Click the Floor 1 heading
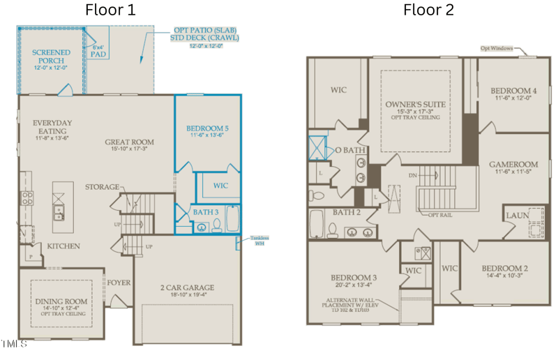click(110, 10)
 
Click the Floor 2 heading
click(428, 10)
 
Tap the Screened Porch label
click(50, 57)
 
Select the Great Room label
click(130, 142)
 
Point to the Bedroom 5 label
click(207, 128)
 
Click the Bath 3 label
click(206, 211)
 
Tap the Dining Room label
click(61, 302)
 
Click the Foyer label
click(118, 283)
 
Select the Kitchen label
click(63, 246)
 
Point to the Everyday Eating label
click(52, 127)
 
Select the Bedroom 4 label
click(513, 91)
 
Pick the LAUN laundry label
click(517, 216)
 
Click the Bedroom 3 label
click(354, 278)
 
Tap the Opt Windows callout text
click(496, 49)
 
